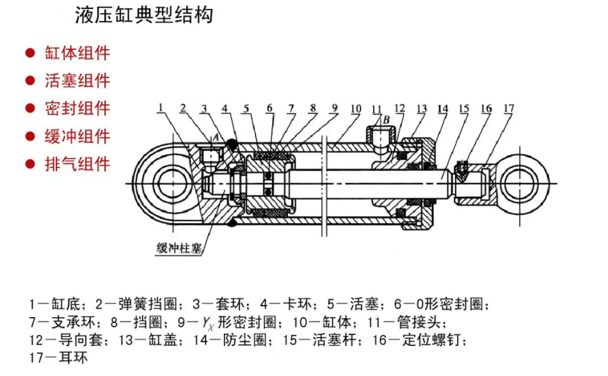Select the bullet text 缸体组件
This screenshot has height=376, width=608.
pyautogui.click(x=77, y=53)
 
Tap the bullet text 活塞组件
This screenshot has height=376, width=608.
pyautogui.click(x=77, y=81)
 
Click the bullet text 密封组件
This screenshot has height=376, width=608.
pyautogui.click(x=77, y=108)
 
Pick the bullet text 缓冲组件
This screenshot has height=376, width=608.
pyautogui.click(x=77, y=136)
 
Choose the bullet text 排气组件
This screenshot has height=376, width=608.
pyautogui.click(x=77, y=164)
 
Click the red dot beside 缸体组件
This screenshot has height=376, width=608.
pyautogui.click(x=29, y=53)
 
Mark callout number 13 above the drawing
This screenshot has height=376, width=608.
pyautogui.click(x=422, y=108)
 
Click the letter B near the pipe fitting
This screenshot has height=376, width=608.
pyautogui.click(x=387, y=120)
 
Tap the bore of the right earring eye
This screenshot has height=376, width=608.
pyautogui.click(x=518, y=184)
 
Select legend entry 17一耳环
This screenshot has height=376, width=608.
pyautogui.click(x=59, y=357)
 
